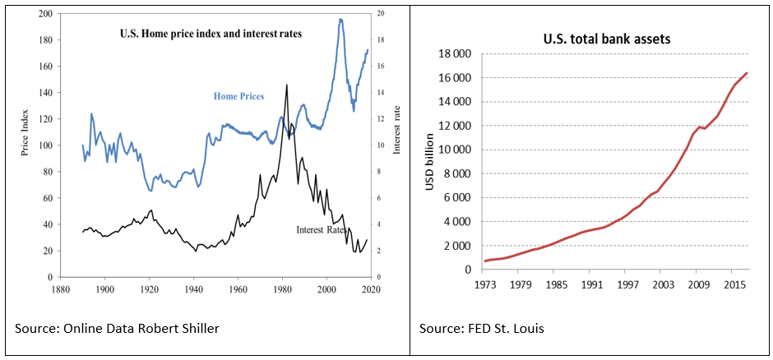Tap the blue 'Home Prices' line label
click(x=239, y=96)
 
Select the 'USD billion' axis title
click(x=429, y=162)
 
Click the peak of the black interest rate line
click(x=286, y=85)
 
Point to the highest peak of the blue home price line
click(x=340, y=19)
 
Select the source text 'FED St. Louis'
click(x=504, y=330)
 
